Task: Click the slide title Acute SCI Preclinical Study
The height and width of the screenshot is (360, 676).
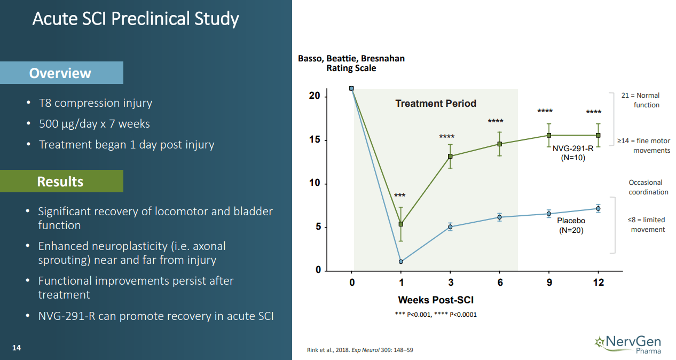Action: pos(136,19)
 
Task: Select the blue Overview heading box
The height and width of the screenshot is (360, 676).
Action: pos(61,73)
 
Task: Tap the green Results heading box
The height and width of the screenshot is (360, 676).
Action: pos(61,182)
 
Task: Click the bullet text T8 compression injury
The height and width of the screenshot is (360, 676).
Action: pos(96,103)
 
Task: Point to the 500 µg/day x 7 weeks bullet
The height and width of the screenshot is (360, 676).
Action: pos(95,124)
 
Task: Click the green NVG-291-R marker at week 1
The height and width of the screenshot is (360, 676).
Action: pos(401,224)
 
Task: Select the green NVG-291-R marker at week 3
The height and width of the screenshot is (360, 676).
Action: pos(450,156)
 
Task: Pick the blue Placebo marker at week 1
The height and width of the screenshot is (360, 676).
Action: pos(401,262)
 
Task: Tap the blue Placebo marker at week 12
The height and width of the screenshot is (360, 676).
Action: pos(598,209)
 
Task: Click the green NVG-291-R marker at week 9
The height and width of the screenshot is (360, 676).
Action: pos(549,136)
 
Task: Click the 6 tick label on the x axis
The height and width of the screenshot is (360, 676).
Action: pos(500,283)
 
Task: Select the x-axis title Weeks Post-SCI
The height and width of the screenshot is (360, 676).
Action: pos(436,300)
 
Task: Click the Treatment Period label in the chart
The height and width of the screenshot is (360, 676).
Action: pos(436,104)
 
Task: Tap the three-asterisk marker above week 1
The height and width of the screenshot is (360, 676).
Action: pos(400,196)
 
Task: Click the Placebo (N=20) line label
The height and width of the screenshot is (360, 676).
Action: pos(571,225)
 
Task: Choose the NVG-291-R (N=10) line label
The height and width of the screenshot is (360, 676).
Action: pos(572,153)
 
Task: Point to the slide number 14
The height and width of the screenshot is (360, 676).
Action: pos(17,348)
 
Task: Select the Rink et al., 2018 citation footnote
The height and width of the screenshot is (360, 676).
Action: pos(360,350)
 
